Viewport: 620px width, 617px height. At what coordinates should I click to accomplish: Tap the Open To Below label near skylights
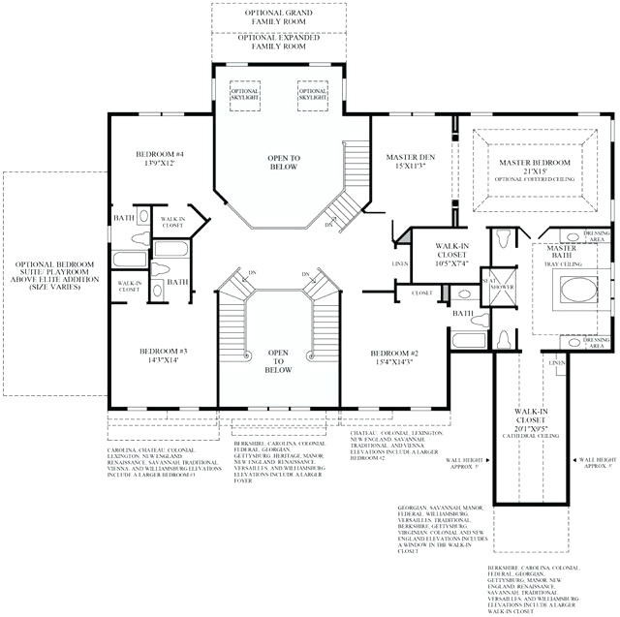pos(284,162)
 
